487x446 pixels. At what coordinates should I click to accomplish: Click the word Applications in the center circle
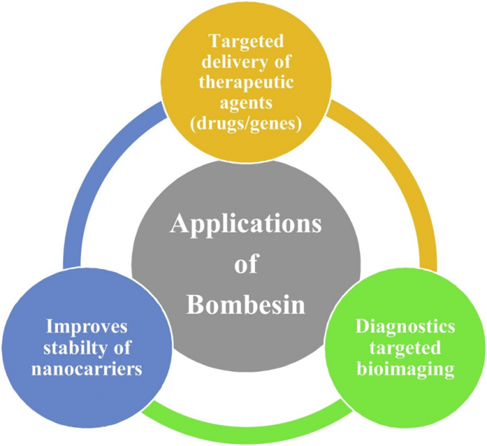pyautogui.click(x=246, y=224)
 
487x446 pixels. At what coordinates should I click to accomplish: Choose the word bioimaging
pyautogui.click(x=406, y=367)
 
